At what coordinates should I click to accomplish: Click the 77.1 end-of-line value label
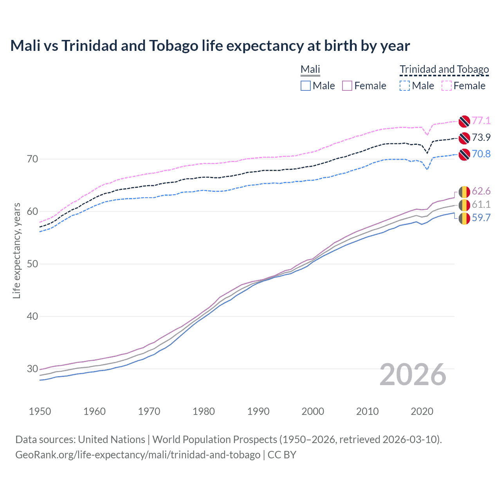tap(481, 121)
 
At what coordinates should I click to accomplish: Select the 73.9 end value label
tap(481, 137)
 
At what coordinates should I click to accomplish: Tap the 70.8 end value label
tap(481, 154)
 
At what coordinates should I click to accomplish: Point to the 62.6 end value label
tap(481, 191)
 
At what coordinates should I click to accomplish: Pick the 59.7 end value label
tap(481, 218)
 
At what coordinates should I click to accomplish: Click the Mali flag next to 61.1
tap(464, 205)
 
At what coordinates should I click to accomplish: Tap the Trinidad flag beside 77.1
tap(464, 121)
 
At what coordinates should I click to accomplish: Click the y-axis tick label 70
tap(32, 159)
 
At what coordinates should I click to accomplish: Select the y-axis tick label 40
tap(32, 316)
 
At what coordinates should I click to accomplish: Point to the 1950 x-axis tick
tap(40, 411)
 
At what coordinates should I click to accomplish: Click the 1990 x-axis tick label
tap(258, 411)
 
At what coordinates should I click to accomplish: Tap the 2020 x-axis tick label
tap(422, 411)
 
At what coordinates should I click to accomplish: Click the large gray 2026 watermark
tap(413, 375)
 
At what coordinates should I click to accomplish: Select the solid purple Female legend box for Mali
tap(347, 86)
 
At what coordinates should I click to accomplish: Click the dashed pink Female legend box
tap(447, 86)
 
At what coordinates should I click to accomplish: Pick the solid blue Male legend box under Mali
tap(306, 86)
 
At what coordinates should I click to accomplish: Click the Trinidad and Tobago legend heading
tap(444, 70)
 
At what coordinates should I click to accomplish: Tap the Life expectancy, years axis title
tap(16, 250)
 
